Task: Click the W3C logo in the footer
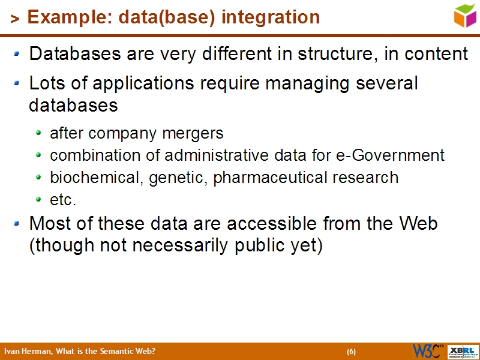pyautogui.click(x=427, y=351)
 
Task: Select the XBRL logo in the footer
pyautogui.click(x=463, y=351)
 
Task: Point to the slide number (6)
pyautogui.click(x=351, y=352)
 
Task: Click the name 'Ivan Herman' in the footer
pyautogui.click(x=26, y=352)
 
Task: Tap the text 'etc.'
pyautogui.click(x=63, y=200)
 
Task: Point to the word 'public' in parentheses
pyautogui.click(x=265, y=245)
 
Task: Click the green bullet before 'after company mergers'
pyautogui.click(x=39, y=133)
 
